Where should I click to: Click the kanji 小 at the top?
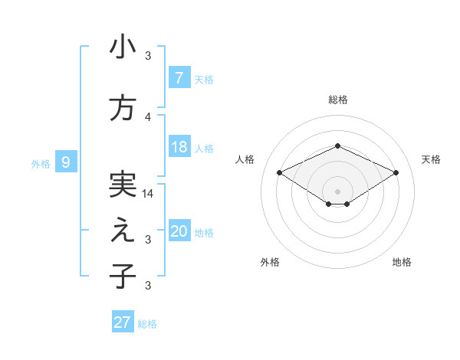(123, 47)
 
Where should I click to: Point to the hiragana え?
(123, 231)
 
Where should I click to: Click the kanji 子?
(123, 277)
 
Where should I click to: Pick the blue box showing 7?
(179, 77)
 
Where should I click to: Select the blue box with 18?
(179, 147)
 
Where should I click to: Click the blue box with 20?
(179, 231)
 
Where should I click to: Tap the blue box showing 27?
(123, 322)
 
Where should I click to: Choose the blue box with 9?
(66, 162)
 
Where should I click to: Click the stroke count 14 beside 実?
(148, 194)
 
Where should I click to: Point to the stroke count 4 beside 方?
(148, 117)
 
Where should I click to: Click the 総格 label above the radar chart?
(337, 100)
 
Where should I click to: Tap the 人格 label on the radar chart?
(245, 159)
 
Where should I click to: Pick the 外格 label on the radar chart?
(270, 263)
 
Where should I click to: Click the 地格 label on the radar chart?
(402, 263)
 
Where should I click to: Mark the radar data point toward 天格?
(396, 174)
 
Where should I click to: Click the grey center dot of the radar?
(337, 190)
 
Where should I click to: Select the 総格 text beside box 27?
(147, 324)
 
